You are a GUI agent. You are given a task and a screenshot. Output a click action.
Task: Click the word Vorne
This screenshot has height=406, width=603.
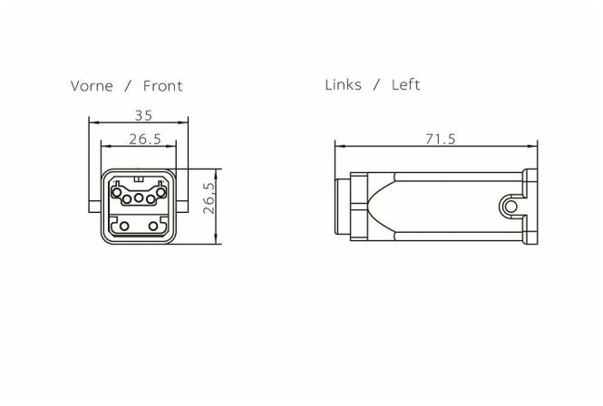92,86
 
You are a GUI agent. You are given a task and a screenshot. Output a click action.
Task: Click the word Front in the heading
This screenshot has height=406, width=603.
162,86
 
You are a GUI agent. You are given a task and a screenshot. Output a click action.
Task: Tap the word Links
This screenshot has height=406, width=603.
343,84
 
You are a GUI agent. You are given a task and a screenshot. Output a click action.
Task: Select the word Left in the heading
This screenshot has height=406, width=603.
405,84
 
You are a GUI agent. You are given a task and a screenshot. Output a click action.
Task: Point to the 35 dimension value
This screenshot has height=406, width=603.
143,115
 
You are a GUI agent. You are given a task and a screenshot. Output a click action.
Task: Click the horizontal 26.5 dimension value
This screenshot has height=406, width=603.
145,139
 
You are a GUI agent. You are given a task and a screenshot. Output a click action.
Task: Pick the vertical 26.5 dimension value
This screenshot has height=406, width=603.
209,198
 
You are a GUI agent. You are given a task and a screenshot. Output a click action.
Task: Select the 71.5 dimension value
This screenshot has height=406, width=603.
441,139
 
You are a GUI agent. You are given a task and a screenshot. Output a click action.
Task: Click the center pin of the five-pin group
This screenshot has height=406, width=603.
139,198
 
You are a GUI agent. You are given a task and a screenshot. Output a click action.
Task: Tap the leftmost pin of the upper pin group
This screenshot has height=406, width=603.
116,192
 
